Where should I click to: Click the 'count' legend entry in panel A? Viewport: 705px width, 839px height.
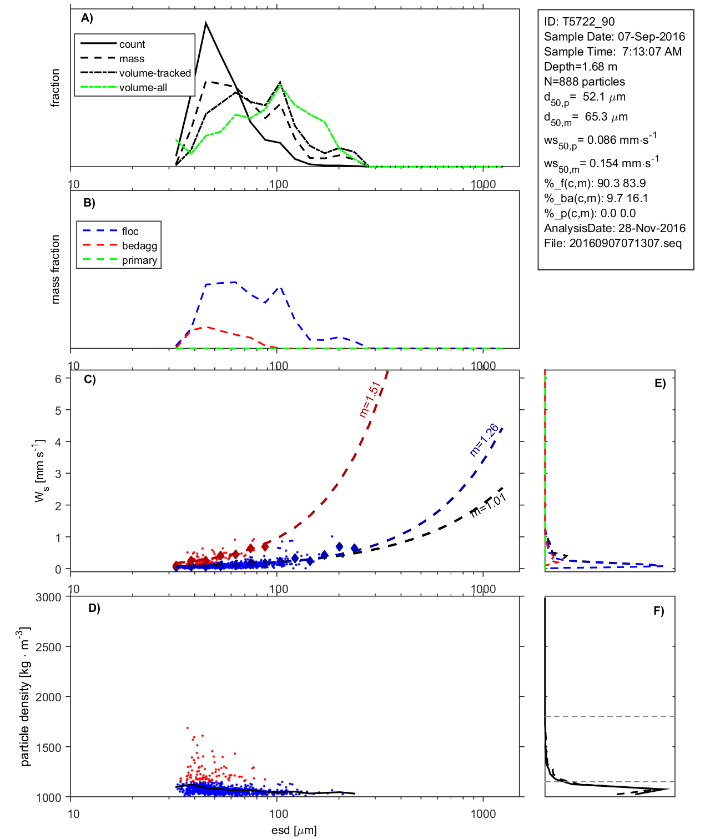point(132,44)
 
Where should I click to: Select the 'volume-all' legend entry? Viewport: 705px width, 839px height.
point(143,88)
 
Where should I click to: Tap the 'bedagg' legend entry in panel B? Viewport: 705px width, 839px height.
point(139,246)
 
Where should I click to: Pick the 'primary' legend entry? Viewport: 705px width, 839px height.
point(139,260)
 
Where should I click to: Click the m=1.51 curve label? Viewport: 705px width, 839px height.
point(370,399)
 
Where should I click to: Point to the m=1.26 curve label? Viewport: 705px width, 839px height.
point(484,440)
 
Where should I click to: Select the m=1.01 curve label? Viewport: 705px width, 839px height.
point(489,505)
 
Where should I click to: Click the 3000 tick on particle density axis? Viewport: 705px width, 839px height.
point(48,597)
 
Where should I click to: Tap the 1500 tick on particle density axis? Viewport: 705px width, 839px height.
point(48,747)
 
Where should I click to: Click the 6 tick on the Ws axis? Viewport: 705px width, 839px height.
point(58,379)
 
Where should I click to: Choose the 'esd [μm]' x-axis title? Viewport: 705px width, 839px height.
point(294,830)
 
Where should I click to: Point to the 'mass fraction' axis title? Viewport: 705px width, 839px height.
point(55,269)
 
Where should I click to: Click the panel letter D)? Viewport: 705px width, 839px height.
point(94,608)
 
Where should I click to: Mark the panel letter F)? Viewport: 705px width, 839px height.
point(658,611)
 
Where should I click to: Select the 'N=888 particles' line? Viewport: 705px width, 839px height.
point(584,82)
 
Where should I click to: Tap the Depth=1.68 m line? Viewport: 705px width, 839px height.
point(580,67)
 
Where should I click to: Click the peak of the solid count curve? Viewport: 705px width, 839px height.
point(206,23)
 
